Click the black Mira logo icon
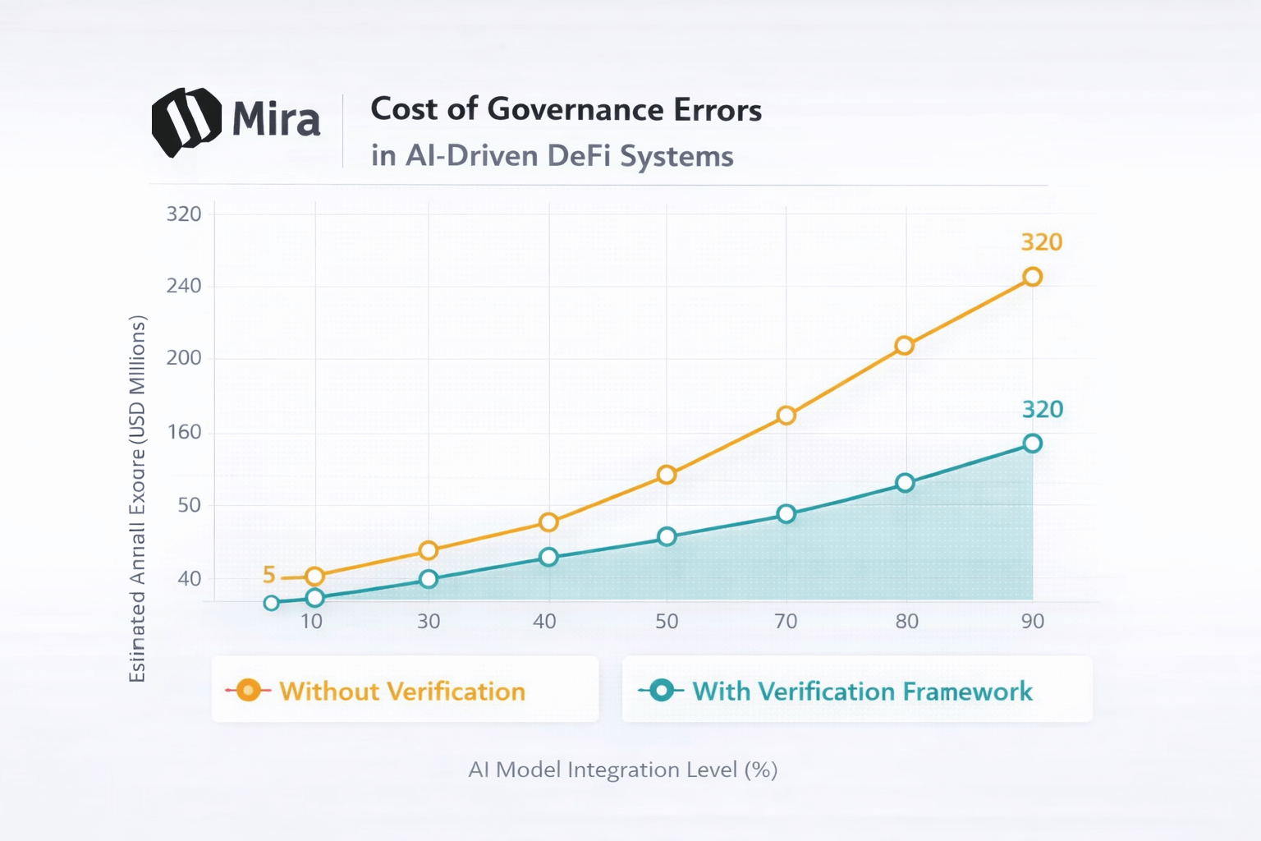[x=186, y=121]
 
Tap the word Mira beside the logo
[x=276, y=120]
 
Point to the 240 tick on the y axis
[x=184, y=286]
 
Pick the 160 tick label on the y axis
[x=184, y=432]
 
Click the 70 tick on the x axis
[x=786, y=621]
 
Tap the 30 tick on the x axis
[x=429, y=621]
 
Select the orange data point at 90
[x=1032, y=277]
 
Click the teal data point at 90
[x=1032, y=443]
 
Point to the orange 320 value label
[x=1041, y=242]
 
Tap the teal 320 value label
[x=1042, y=409]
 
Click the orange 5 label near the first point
[x=268, y=575]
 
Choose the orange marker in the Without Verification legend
[x=248, y=691]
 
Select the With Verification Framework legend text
[x=862, y=692]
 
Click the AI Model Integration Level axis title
[x=622, y=770]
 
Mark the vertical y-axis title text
[x=137, y=499]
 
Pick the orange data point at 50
[x=667, y=475]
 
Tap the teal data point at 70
[x=786, y=514]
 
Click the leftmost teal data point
[x=272, y=604]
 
